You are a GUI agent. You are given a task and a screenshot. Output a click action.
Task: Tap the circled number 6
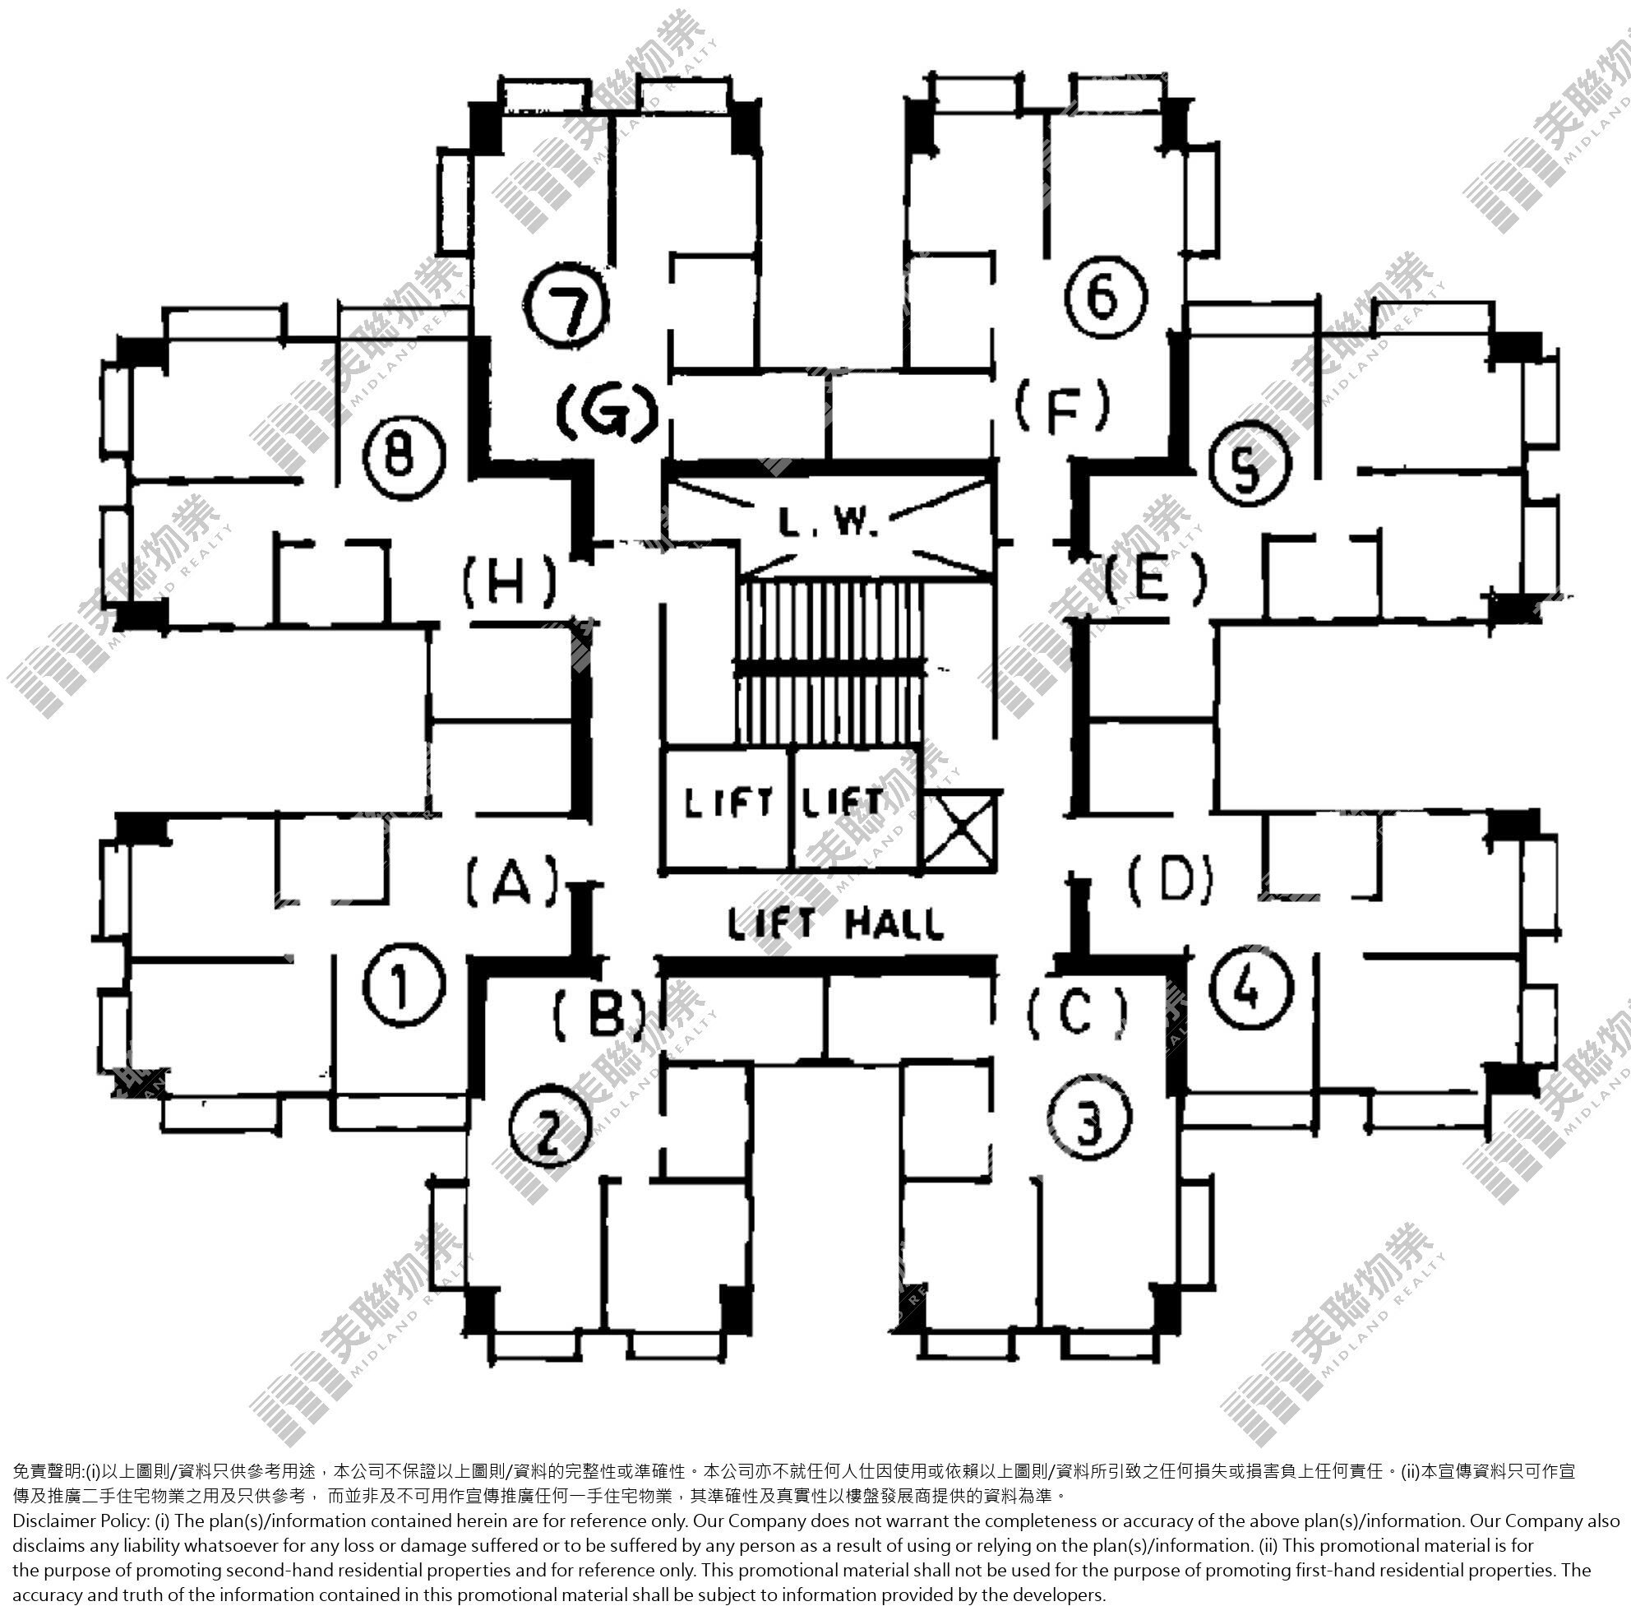[1105, 297]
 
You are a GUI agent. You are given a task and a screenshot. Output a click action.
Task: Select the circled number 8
[404, 459]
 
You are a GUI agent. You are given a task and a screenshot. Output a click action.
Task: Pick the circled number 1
[404, 985]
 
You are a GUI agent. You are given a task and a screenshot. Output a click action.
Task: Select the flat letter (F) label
[1062, 406]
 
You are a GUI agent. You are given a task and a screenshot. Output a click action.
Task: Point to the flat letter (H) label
[510, 582]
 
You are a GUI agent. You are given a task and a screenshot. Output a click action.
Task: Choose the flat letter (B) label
[600, 1013]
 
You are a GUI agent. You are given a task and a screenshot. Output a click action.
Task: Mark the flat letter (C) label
[1077, 1013]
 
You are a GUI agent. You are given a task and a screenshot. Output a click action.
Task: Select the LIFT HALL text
[836, 923]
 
